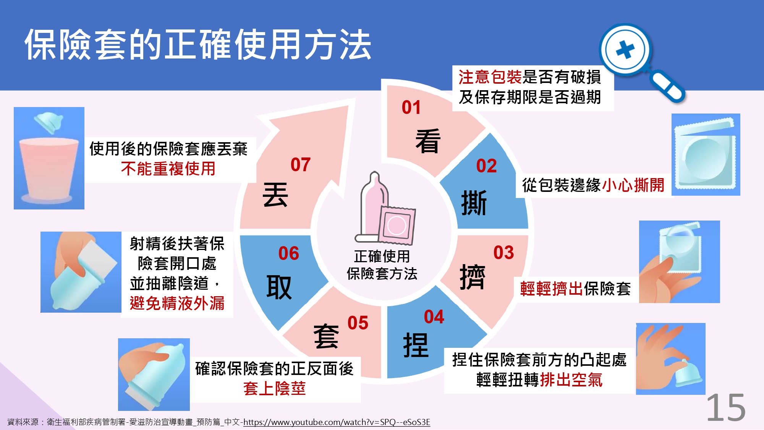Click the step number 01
(x=411, y=107)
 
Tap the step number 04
(x=434, y=317)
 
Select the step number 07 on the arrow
(x=301, y=165)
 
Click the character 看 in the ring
(x=428, y=141)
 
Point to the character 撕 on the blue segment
(x=474, y=203)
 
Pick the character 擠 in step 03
(x=473, y=277)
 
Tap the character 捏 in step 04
(x=416, y=345)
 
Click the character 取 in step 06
(x=279, y=287)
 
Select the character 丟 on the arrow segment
(x=275, y=194)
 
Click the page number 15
(x=726, y=408)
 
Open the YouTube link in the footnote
(x=337, y=422)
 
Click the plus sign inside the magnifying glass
(x=625, y=50)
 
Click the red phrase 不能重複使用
(x=168, y=169)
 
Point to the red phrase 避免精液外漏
(x=177, y=303)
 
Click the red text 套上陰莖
(x=275, y=388)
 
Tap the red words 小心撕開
(x=633, y=185)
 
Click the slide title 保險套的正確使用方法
(x=198, y=45)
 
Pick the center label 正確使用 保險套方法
(x=382, y=265)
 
